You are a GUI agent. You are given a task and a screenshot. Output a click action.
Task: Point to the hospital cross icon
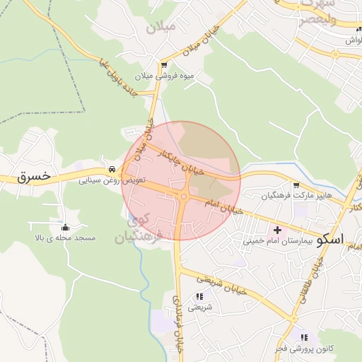(x=277, y=230)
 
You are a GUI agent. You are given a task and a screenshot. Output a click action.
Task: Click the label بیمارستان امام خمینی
(x=278, y=242)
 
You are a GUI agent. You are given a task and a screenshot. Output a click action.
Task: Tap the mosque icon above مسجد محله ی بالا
(x=65, y=227)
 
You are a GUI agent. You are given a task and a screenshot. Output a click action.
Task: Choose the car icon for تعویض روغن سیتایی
(x=112, y=170)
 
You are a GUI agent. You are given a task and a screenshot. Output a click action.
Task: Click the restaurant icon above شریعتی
(x=199, y=296)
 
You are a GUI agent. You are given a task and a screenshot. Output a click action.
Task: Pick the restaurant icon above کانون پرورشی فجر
(x=304, y=338)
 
